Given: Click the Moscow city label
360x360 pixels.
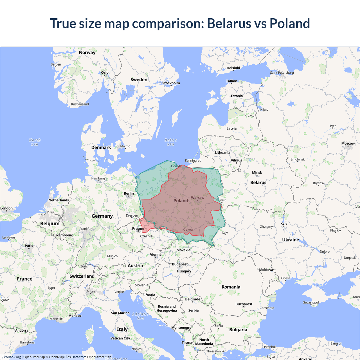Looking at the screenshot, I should tap(348, 143).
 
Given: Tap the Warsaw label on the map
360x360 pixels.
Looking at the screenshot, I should tap(197, 198).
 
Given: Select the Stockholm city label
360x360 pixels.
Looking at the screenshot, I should tap(171, 83).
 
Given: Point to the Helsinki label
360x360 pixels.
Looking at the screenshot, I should tap(233, 68).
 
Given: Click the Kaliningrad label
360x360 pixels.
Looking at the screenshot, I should tap(193, 161).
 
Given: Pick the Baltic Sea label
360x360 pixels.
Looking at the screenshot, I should tap(170, 142).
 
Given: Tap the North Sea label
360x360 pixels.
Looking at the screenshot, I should tap(35, 142).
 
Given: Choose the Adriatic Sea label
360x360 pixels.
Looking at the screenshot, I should tap(140, 316).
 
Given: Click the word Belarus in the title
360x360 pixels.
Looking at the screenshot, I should tap(229, 23).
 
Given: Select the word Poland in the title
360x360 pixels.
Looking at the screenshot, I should tap(290, 23).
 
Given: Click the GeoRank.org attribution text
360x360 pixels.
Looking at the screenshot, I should tap(11, 357).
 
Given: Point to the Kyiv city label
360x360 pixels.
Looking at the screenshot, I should tap(284, 224).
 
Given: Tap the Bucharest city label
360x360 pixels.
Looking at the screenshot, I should tap(244, 304).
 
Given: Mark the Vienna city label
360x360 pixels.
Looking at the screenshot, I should tap(156, 255).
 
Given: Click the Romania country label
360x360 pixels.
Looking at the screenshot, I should tap(231, 287).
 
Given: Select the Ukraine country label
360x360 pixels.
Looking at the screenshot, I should tap(291, 240).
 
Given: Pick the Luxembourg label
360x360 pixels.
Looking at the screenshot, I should tap(63, 235).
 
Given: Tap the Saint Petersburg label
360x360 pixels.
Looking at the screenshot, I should tap(282, 73).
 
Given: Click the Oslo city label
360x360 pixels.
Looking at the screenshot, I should tap(105, 73).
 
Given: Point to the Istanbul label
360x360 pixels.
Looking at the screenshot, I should tap(269, 347).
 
